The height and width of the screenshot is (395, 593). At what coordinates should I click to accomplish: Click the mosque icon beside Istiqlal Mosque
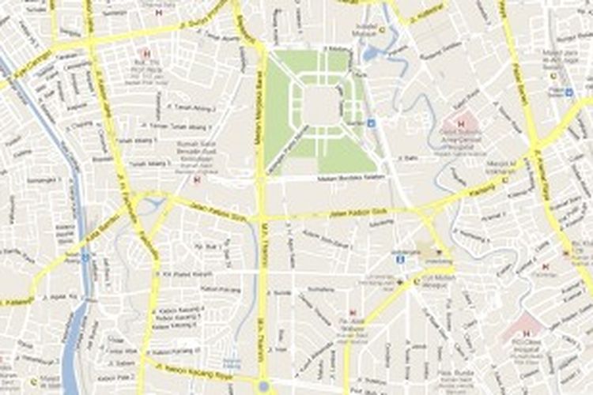[x=382, y=30]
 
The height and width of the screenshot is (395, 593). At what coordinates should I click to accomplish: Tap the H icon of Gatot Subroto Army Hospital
[x=461, y=124]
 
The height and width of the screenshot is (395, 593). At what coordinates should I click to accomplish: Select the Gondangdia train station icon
[x=401, y=258]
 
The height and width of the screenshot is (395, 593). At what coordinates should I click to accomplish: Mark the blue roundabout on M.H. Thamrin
[x=263, y=387]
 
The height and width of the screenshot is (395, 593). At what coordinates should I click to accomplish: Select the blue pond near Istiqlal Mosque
[x=370, y=54]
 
